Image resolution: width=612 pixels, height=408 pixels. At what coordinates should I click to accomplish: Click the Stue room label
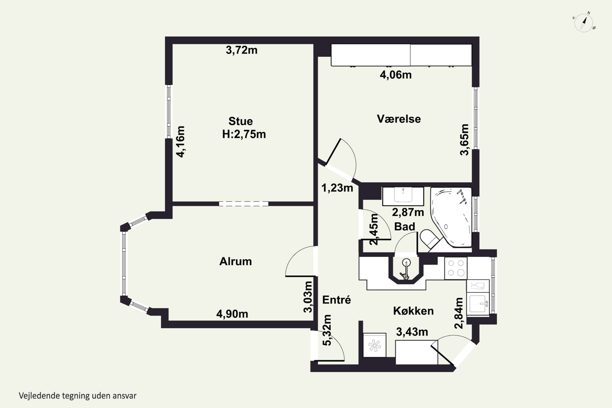tap(241, 121)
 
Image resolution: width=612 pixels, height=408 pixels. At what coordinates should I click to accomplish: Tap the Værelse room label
tap(399, 119)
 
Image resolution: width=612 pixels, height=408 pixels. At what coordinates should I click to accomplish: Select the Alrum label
tap(235, 261)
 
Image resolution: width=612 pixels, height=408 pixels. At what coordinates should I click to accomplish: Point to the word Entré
tap(336, 300)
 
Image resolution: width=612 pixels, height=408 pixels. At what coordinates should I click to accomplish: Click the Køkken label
tap(413, 311)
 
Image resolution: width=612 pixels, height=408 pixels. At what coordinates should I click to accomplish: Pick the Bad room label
tap(405, 226)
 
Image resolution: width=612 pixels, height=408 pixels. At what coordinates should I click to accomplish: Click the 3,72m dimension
tap(242, 50)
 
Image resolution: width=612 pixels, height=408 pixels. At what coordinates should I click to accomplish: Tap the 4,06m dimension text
tap(396, 75)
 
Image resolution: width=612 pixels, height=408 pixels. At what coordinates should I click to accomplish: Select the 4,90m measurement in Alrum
tap(232, 314)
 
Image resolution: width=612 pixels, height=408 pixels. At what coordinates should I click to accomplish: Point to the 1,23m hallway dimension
tap(337, 188)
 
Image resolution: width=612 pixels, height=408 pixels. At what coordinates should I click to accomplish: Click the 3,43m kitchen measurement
tap(412, 332)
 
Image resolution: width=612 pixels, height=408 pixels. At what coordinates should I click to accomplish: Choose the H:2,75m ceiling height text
tap(244, 134)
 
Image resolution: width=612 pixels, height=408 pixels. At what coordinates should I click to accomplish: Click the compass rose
tap(584, 23)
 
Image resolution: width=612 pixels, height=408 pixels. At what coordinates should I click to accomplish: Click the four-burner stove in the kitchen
tap(456, 268)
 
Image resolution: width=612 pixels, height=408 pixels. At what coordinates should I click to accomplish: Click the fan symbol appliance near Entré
tap(374, 345)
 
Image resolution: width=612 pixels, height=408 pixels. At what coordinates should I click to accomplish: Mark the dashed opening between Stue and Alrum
tap(244, 204)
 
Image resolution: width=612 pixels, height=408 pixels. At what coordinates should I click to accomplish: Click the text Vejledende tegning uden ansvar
tap(78, 396)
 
